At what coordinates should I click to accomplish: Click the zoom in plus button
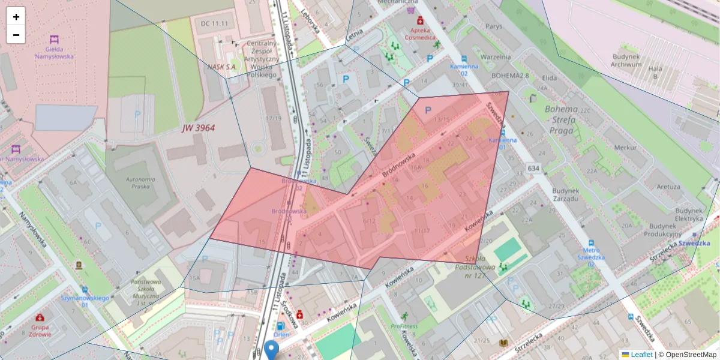click(16, 16)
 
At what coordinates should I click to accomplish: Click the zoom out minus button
click(16, 35)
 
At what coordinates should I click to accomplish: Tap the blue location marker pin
click(272, 350)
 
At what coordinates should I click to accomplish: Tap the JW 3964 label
click(199, 128)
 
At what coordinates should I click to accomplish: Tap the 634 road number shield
click(533, 169)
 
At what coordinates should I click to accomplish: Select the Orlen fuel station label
click(281, 335)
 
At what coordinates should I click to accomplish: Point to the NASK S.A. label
click(222, 67)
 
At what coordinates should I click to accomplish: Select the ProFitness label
click(404, 326)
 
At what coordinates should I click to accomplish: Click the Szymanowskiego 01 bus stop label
click(84, 301)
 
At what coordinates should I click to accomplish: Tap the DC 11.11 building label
click(215, 23)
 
